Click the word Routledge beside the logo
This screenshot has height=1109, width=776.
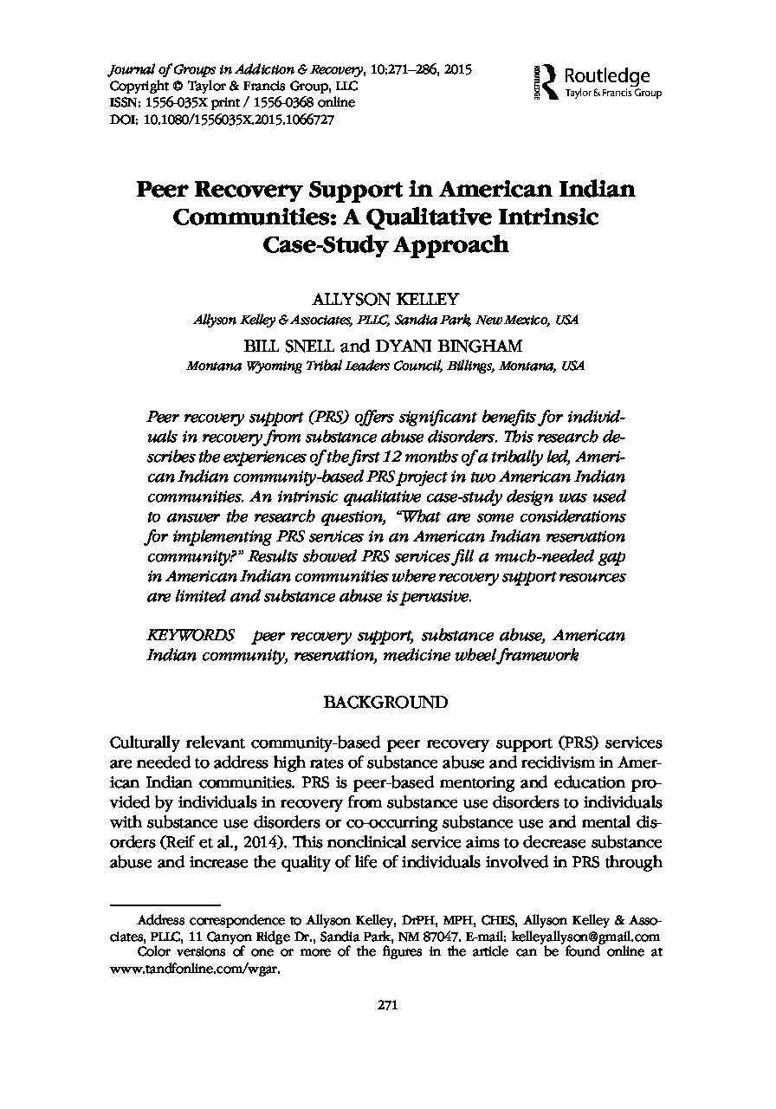click(x=606, y=75)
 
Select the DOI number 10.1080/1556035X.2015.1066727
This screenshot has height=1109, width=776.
click(x=231, y=120)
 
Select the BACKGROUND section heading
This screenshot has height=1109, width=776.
click(x=385, y=702)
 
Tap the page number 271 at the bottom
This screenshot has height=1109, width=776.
click(x=387, y=1005)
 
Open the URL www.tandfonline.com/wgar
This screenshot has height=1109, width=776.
click(x=197, y=970)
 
